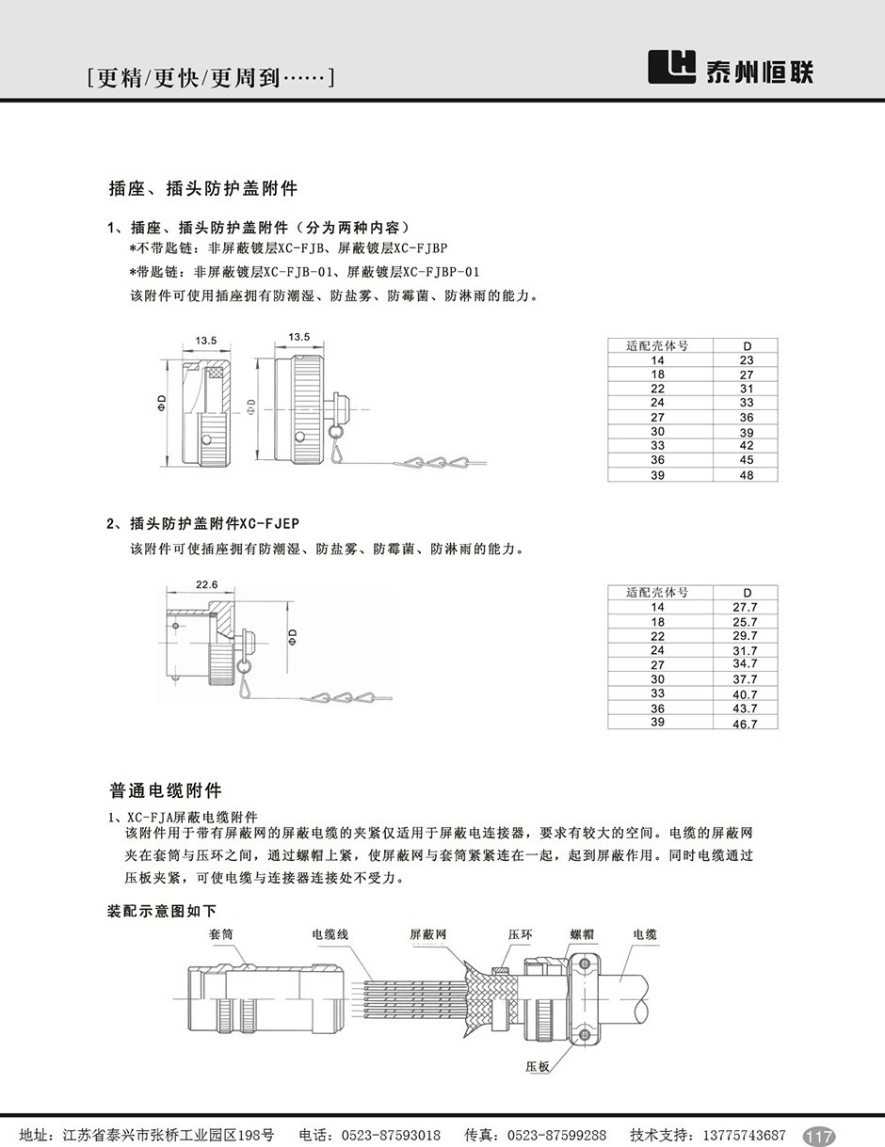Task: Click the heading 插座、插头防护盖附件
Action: coord(203,188)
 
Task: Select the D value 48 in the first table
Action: coord(747,475)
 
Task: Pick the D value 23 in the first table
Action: coord(747,360)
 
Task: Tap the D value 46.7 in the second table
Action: coord(746,724)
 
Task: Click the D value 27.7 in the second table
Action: coord(746,608)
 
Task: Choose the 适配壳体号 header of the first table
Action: coord(657,346)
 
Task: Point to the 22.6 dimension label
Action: coord(207,585)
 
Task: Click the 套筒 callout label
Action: coord(221,935)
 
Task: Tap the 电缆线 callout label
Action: coord(330,935)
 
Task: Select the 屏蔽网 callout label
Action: coord(427,935)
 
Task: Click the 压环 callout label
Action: coord(521,935)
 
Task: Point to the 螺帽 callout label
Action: coord(582,935)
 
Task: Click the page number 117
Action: coord(819,1136)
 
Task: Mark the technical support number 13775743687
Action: coord(734,1135)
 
